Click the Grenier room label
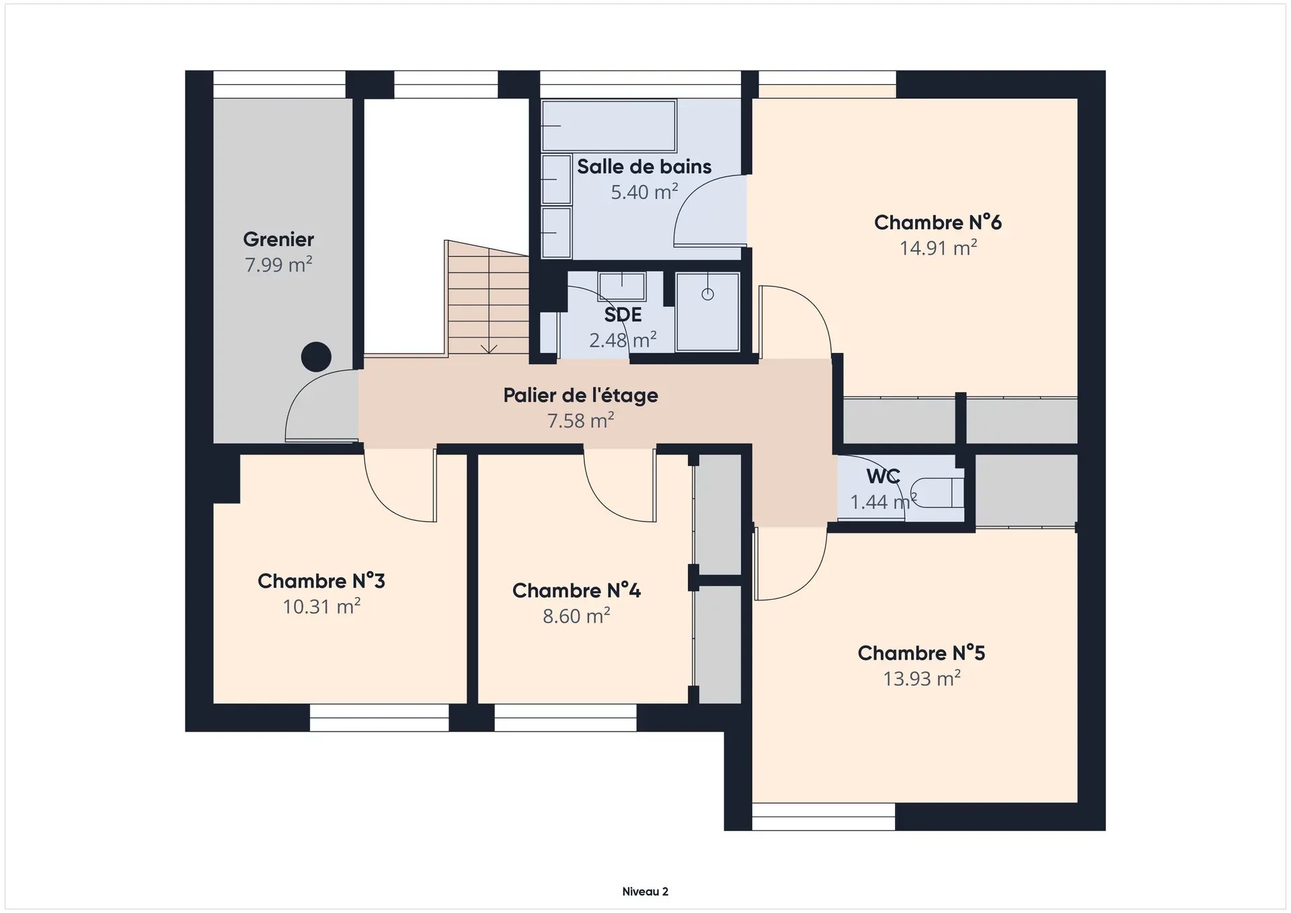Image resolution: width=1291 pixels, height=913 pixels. coord(278,239)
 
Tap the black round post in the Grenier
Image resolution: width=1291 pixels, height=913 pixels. coord(316,357)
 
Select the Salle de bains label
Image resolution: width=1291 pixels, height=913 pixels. coord(644,167)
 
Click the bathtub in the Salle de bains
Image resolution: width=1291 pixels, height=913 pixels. coord(609,126)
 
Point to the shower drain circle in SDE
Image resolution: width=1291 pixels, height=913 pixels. coord(707,294)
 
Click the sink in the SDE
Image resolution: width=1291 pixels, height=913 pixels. coord(622,286)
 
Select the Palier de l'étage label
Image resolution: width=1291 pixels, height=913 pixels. coord(580,395)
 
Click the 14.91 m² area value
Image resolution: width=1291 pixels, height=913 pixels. coord(938,248)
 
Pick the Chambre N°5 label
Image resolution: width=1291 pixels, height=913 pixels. coord(921,653)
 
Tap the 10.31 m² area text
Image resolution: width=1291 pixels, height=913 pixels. coord(321,607)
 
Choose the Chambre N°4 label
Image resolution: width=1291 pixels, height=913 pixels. coord(576,590)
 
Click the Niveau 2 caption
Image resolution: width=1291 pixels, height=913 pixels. coord(645,891)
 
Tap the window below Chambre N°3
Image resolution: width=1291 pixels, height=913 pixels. coord(379,717)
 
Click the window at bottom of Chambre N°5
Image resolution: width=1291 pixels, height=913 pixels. coord(824,816)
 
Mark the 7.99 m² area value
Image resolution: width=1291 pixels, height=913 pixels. coord(278,265)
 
